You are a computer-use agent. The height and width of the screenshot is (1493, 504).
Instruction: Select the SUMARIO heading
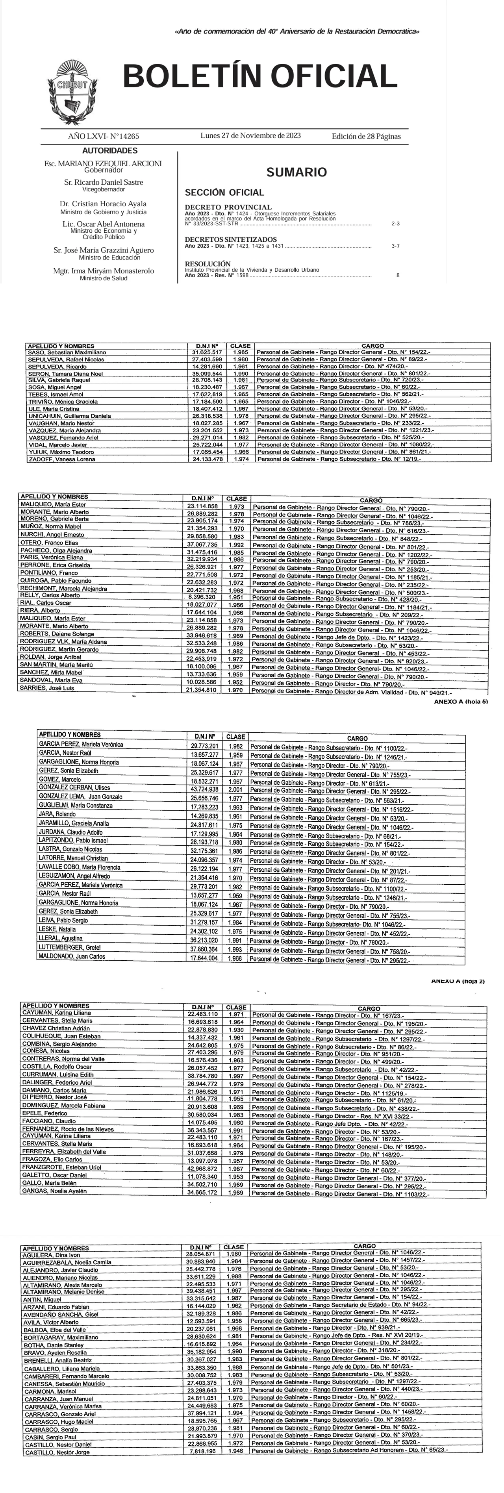[296, 172]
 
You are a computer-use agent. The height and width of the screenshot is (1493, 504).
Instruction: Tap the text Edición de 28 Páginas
[366, 137]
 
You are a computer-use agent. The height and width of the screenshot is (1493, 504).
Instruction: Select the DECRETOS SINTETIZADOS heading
[231, 239]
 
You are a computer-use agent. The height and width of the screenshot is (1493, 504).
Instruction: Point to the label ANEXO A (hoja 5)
[461, 701]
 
